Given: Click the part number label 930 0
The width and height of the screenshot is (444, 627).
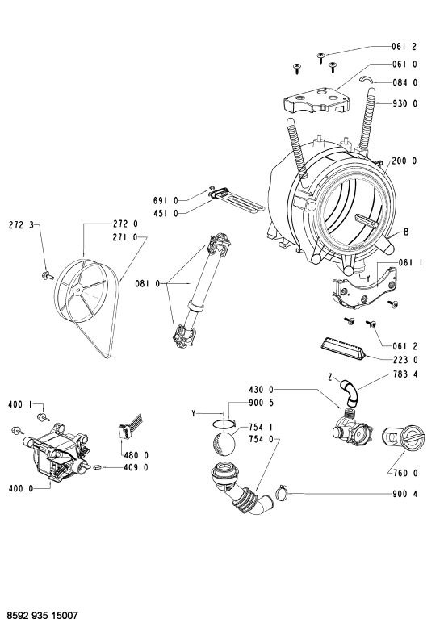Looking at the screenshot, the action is pyautogui.click(x=404, y=103).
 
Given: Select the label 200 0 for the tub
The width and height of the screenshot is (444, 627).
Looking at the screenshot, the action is pyautogui.click(x=404, y=161).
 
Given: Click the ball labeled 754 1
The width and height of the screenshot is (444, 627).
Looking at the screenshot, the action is pyautogui.click(x=224, y=443).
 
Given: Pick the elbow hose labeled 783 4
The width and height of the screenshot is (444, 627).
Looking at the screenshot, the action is pyautogui.click(x=350, y=391).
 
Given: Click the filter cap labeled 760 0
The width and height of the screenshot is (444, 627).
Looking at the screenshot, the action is pyautogui.click(x=403, y=438).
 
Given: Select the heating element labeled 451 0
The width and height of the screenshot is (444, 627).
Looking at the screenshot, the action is pyautogui.click(x=237, y=201).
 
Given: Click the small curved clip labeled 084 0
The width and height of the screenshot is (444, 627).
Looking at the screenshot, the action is pyautogui.click(x=366, y=79).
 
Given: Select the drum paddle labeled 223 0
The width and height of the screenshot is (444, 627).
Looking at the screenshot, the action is pyautogui.click(x=343, y=348).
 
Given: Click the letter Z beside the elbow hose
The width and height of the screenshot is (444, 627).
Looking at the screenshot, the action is pyautogui.click(x=330, y=377).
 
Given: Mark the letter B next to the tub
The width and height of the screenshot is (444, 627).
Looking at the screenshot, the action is pyautogui.click(x=406, y=232).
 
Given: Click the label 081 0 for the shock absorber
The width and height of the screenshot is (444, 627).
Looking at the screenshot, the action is pyautogui.click(x=147, y=284).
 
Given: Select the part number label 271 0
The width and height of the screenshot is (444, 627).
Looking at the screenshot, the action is pyautogui.click(x=124, y=237).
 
